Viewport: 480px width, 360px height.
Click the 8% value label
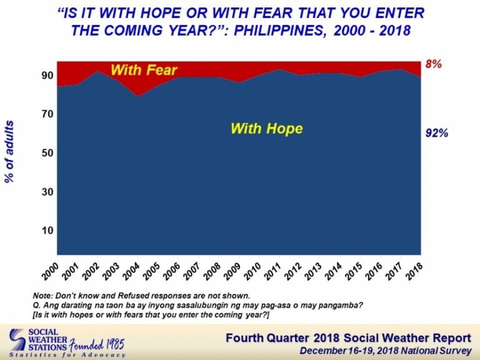coord(434,64)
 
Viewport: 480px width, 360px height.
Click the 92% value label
coord(436,133)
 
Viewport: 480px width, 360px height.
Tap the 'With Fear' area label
coord(144,70)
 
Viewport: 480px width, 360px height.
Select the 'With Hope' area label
coord(267,128)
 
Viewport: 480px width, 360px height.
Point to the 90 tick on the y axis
coord(47,75)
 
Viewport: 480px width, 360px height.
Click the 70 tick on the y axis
coord(47,114)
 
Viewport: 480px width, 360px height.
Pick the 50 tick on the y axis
coord(47,152)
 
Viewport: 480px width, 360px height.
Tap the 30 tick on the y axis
coord(47,192)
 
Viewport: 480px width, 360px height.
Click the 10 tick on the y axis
coord(47,230)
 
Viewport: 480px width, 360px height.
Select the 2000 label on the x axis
coord(51,271)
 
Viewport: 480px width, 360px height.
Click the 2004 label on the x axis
coord(131,271)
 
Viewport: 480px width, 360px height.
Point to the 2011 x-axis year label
coord(272,271)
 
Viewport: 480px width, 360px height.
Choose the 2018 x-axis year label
coord(414,271)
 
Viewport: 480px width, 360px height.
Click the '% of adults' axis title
coord(9,152)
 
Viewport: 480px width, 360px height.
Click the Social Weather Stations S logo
coord(17,339)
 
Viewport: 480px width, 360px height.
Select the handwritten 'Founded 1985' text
coord(97,345)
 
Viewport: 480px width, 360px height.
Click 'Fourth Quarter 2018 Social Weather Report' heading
coord(348,338)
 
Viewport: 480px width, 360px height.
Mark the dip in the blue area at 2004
coord(138,96)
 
